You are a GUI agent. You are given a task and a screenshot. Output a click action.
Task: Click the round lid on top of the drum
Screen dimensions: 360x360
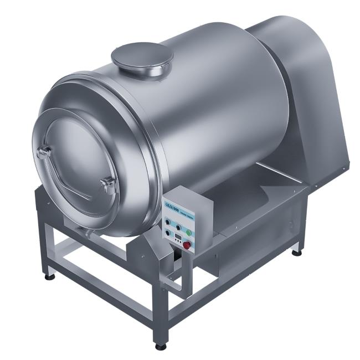coord(142,57)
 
